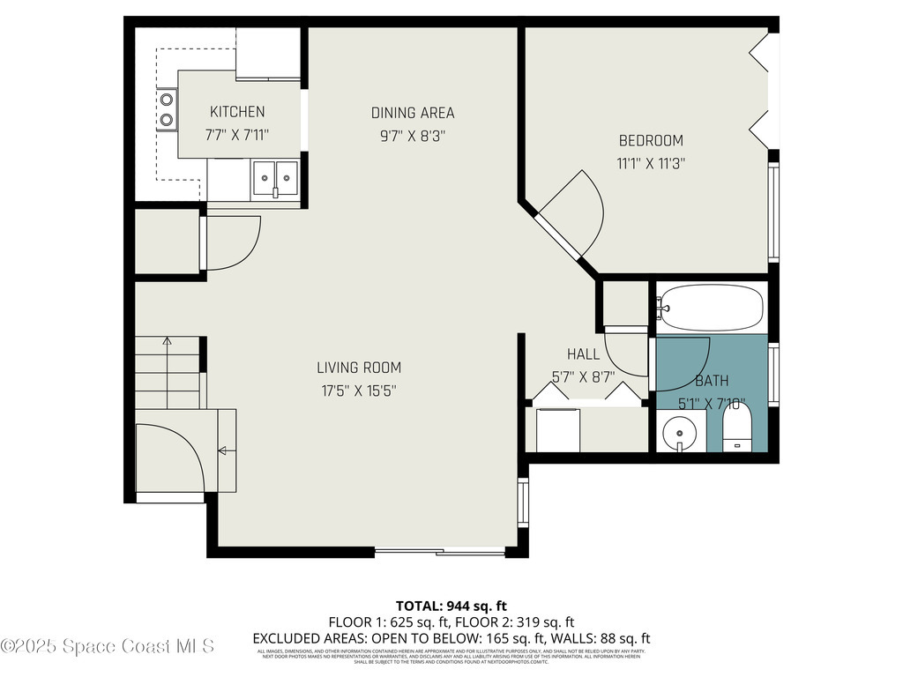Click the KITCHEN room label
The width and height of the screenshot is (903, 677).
coord(236,112)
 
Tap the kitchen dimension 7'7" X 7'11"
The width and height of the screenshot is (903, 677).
coord(236,135)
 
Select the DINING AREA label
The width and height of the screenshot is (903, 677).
coord(413,113)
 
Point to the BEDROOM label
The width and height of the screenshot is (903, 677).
coord(651,140)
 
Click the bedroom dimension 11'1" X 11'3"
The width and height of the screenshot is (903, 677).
coord(651,163)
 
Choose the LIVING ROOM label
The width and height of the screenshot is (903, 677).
coord(359,368)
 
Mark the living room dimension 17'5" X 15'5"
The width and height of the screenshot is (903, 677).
coord(359,391)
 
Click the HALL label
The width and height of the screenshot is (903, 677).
coord(583,354)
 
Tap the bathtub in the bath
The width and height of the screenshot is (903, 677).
coord(710,307)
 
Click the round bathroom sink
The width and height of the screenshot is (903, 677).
coord(680,432)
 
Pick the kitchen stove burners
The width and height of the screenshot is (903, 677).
coord(166,110)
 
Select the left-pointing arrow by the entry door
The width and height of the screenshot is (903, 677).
coord(222,451)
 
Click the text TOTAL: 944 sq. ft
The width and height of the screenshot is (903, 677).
coord(451,606)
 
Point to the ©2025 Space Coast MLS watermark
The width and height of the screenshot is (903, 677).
coord(108,646)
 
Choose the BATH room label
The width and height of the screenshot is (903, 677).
coord(712,381)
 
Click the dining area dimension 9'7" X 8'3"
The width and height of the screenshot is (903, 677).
coord(413,136)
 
